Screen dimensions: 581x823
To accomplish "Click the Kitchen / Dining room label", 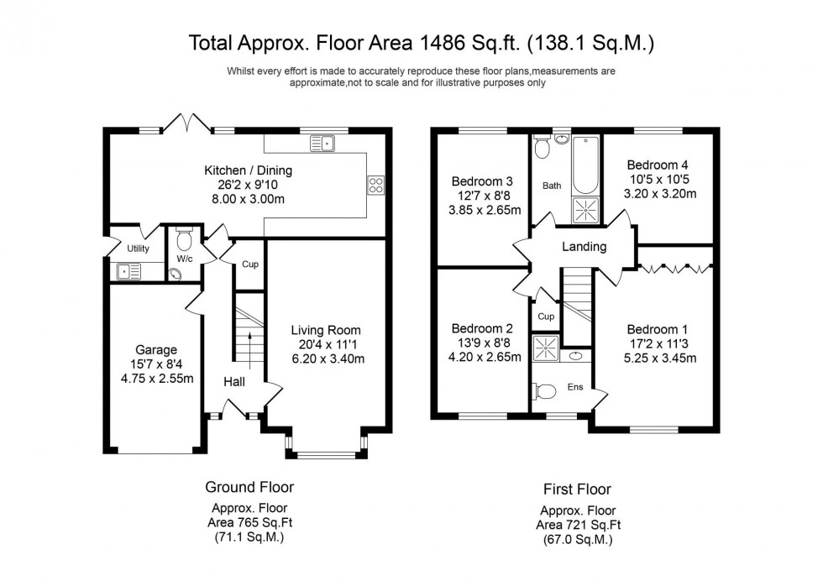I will [249, 170].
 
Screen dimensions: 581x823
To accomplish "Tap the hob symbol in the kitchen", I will [375, 186].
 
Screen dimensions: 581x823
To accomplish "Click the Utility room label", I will [138, 249].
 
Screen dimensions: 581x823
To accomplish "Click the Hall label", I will [234, 382].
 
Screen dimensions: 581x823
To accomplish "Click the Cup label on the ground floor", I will [249, 264].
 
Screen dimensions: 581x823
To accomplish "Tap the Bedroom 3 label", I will [482, 181].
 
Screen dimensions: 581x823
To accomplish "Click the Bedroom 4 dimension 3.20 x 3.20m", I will [663, 193].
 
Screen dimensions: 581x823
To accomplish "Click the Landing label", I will [584, 247].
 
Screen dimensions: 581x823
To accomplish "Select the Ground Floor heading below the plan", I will [249, 487].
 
